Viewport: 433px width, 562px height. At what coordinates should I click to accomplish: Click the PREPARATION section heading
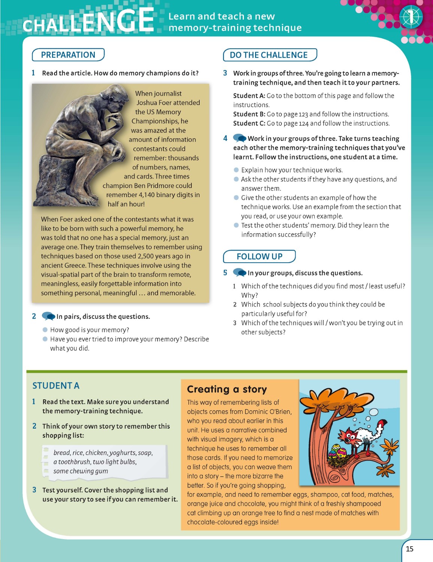point(68,55)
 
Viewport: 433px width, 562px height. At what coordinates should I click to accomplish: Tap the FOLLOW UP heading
point(259,256)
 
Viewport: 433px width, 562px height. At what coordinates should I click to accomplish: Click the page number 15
point(410,549)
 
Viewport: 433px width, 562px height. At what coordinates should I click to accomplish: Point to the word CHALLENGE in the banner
point(88,21)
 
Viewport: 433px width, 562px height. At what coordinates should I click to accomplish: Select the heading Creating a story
point(227,389)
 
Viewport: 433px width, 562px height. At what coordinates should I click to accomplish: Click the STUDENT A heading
point(56,386)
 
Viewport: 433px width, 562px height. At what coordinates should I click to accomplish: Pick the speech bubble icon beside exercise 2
point(48,316)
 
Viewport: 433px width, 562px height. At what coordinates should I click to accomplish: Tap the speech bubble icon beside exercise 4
point(239,138)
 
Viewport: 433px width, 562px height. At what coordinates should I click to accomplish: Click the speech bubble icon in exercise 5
point(239,273)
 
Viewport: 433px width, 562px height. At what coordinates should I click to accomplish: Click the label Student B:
point(249,114)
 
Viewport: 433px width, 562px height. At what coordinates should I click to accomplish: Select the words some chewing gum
point(81,471)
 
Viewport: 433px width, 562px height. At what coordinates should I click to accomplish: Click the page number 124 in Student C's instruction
point(303,123)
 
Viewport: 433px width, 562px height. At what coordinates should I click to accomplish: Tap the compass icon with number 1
point(411,17)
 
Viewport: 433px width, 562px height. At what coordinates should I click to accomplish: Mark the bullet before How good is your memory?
point(45,330)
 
